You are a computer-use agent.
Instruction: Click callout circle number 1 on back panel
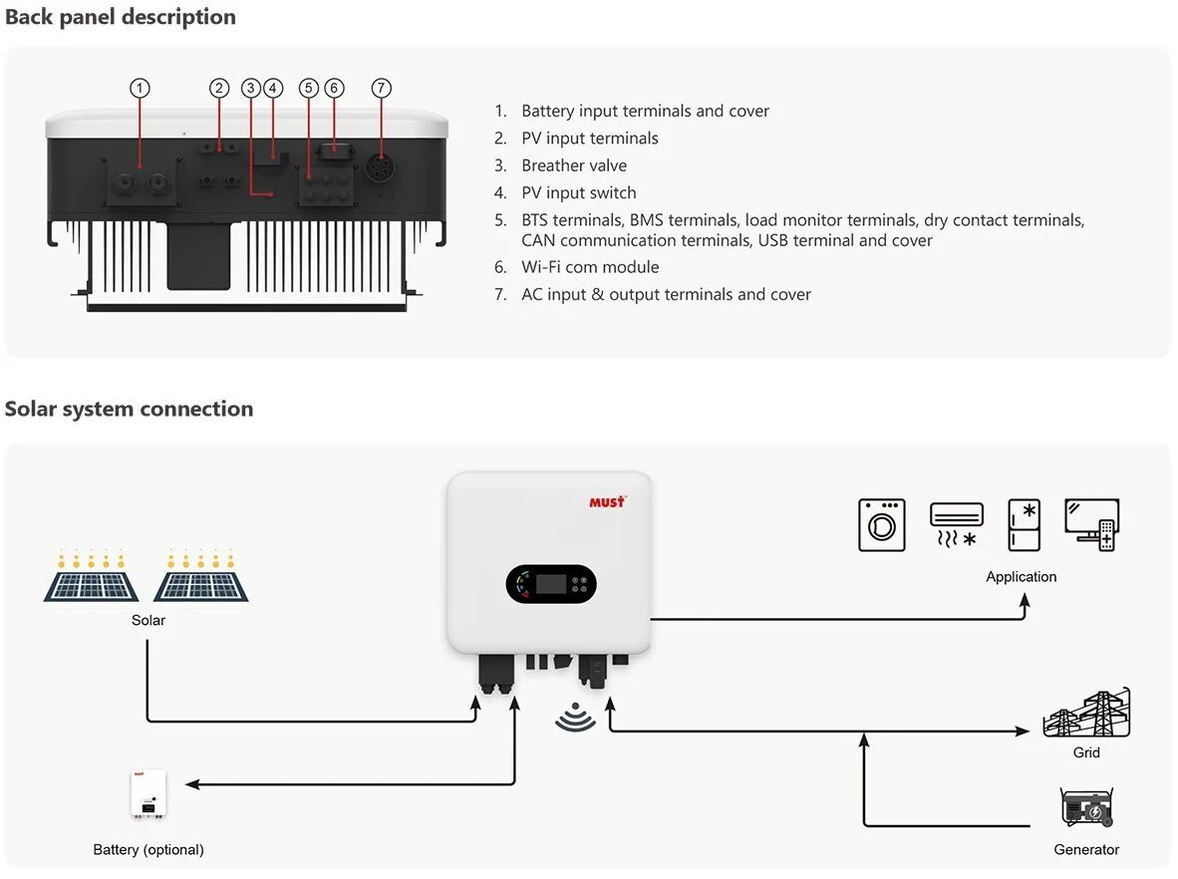(141, 88)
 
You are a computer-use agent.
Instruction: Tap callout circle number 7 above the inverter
(382, 88)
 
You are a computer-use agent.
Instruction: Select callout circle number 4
(273, 88)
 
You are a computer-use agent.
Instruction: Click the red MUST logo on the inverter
(607, 501)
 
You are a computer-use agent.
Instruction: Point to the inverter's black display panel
(550, 584)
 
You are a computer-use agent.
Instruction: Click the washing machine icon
(882, 525)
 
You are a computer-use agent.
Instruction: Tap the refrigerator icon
(1024, 525)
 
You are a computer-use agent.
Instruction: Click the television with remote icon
(1092, 525)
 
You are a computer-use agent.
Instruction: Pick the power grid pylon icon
(1086, 714)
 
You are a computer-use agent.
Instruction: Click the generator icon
(1086, 808)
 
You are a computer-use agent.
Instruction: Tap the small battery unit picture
(148, 793)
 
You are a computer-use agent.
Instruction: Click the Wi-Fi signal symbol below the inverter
(575, 717)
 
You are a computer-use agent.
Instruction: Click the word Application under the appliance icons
(1021, 577)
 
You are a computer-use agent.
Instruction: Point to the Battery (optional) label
(148, 850)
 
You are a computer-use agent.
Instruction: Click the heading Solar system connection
(130, 409)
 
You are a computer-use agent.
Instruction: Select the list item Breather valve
(574, 165)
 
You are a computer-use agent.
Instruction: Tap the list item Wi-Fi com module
(590, 267)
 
